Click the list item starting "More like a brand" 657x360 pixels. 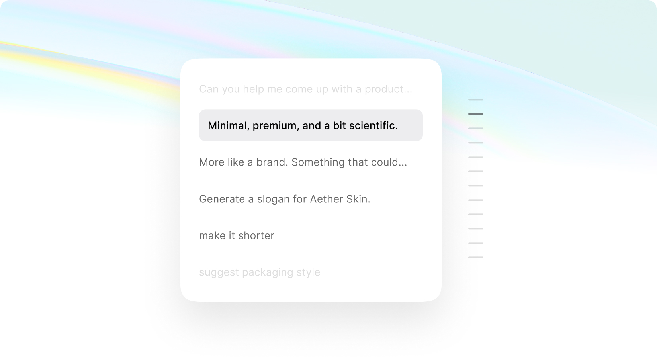pos(303,162)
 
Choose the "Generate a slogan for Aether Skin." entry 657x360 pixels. pos(285,199)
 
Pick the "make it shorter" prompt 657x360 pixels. pos(237,236)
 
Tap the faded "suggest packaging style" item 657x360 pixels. pos(260,272)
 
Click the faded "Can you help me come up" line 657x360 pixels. pos(306,89)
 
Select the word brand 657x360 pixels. pos(272,162)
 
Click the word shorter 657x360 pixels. pos(256,236)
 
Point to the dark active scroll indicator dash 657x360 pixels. pos(476,114)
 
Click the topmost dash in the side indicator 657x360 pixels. pos(476,100)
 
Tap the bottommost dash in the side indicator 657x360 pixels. pos(476,257)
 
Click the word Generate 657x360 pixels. pos(222,199)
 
